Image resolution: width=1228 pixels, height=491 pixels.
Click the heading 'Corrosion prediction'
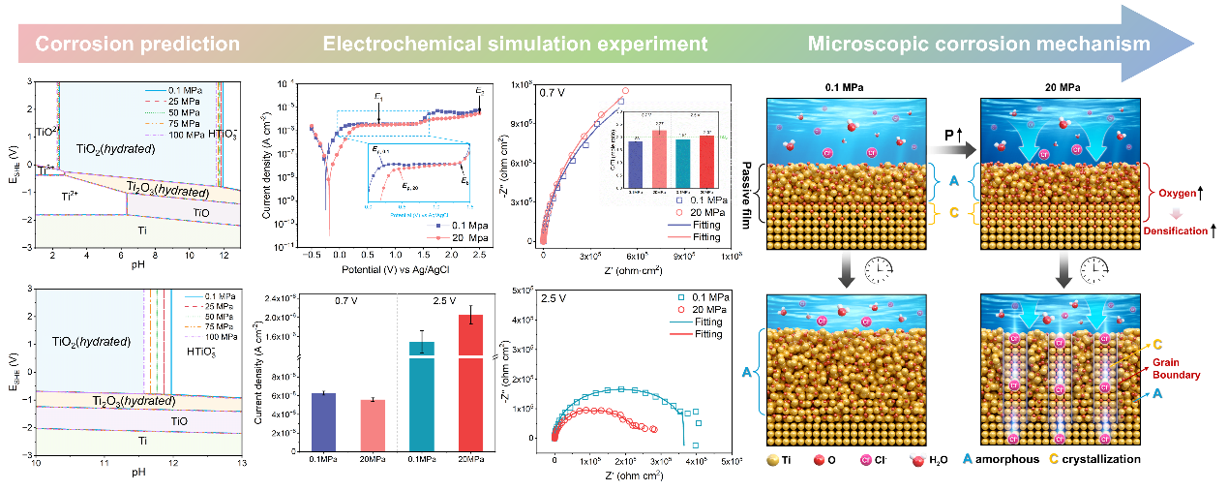(136, 44)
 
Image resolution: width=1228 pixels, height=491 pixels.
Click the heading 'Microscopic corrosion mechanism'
(979, 44)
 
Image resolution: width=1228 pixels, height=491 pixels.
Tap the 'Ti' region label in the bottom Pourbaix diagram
(142, 441)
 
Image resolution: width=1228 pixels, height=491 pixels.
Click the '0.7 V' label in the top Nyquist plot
(554, 93)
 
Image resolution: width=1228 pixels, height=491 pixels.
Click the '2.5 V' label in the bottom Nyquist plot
(555, 297)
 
